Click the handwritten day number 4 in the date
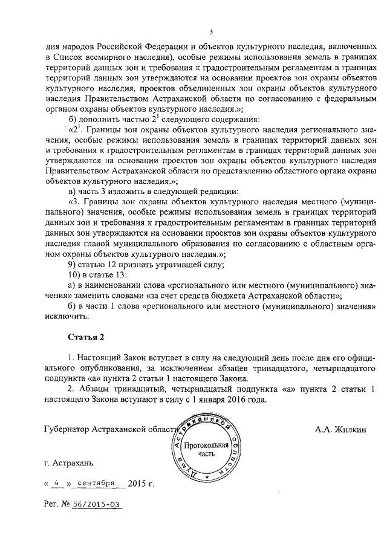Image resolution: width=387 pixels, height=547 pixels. click(x=57, y=484)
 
